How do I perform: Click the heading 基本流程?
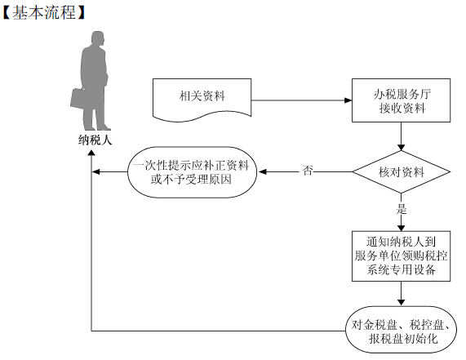44,13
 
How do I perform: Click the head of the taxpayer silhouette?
98,39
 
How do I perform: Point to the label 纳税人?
95,140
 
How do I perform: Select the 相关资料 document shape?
202,100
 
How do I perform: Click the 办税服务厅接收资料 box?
401,100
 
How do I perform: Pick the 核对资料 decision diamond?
402,171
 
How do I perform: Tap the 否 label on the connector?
308,171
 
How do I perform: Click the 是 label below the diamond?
402,209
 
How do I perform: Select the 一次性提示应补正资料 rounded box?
193,171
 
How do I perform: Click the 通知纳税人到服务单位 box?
402,256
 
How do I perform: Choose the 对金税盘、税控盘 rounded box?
402,330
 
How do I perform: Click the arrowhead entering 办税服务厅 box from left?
348,100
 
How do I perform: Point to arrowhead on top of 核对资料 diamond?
402,147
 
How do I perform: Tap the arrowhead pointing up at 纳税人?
91,153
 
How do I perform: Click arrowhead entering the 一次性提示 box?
263,171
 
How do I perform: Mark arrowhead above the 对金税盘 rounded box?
402,302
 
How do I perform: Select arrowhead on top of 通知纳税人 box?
402,228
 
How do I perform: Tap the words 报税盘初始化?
403,338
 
